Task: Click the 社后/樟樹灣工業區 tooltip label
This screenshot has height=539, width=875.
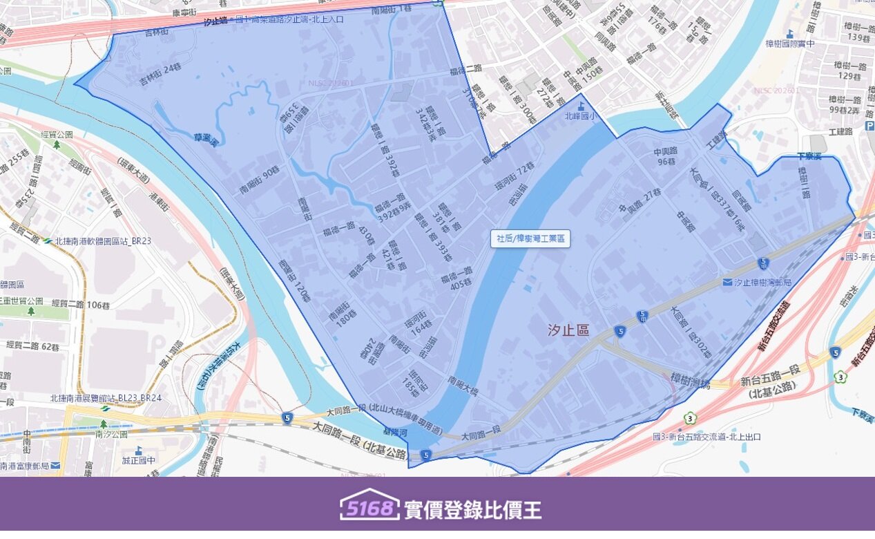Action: (x=530, y=239)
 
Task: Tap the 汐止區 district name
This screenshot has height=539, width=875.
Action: (x=569, y=331)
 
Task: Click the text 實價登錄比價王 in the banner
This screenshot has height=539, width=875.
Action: (x=473, y=510)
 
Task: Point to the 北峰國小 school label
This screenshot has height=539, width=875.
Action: (x=580, y=116)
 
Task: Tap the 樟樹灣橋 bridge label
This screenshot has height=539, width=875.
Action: (x=691, y=377)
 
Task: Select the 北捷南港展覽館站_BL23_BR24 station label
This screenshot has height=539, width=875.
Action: (x=106, y=398)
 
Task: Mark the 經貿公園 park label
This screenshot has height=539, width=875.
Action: (x=57, y=135)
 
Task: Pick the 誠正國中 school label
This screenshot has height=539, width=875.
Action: (x=139, y=460)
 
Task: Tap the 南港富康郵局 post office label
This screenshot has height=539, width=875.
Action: (x=31, y=466)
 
